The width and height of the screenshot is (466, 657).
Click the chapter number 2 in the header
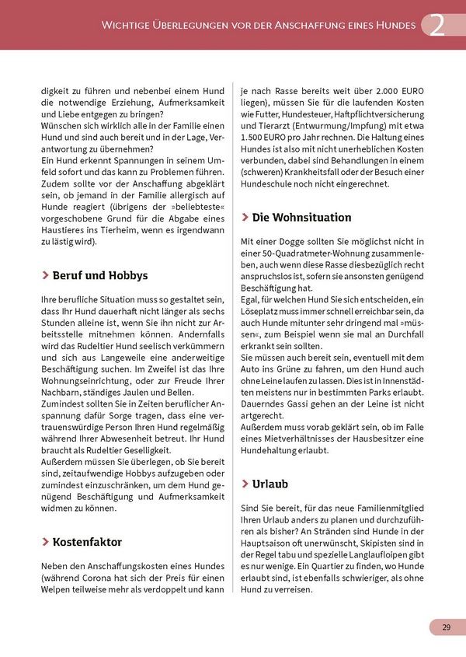click(438, 25)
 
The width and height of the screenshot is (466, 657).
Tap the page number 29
click(447, 627)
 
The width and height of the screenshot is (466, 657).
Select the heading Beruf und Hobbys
click(99, 275)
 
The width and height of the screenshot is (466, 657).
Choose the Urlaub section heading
click(270, 484)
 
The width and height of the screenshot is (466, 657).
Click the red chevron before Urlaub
click(245, 484)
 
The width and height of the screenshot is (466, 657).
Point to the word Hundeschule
click(270, 183)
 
